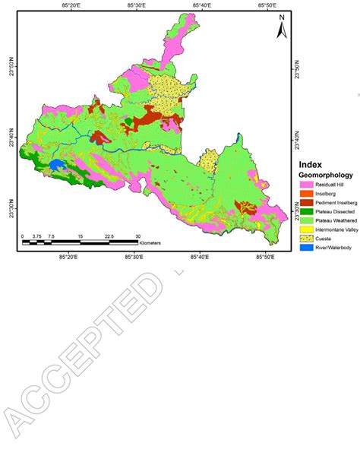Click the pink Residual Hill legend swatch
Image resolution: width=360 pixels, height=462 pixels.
[x=306, y=185]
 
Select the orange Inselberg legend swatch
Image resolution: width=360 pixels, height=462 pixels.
[x=306, y=194]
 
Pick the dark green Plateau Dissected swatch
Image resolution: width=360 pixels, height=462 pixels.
[x=306, y=212]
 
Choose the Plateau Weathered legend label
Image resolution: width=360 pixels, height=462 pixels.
[x=336, y=221]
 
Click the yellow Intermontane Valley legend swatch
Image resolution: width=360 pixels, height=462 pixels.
[x=306, y=230]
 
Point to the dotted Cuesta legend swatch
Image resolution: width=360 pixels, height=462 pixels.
[x=306, y=239]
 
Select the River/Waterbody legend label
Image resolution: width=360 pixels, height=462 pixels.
[x=335, y=248]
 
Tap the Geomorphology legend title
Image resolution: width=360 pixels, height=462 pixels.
[x=325, y=176]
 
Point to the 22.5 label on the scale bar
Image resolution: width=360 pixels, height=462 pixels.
[x=109, y=236]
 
